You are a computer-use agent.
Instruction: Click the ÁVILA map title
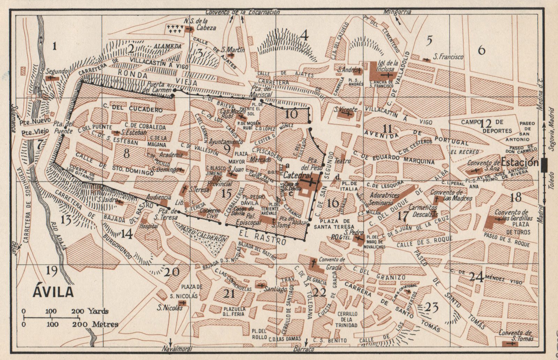pos(53,291)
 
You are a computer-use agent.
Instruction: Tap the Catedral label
pos(295,174)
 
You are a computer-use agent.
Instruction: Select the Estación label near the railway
pos(520,162)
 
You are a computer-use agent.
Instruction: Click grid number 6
pos(481,50)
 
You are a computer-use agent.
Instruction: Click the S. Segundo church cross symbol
pos(51,78)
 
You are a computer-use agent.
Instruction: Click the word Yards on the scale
pos(98,311)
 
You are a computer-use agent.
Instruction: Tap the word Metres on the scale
pos(105,324)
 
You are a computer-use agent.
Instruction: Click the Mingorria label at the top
pos(397,12)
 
